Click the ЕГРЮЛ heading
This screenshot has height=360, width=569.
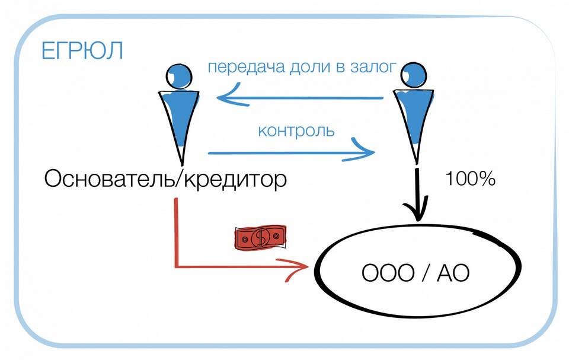(x=82, y=50)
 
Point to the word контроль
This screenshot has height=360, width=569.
(x=296, y=130)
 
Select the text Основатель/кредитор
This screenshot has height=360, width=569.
(x=165, y=179)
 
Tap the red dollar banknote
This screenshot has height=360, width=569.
(x=260, y=237)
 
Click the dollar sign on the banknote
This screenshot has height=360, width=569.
(x=260, y=237)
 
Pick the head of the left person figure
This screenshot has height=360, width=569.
(x=178, y=75)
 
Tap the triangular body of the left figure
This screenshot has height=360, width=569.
(x=179, y=119)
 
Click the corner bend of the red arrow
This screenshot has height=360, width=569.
(x=176, y=266)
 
